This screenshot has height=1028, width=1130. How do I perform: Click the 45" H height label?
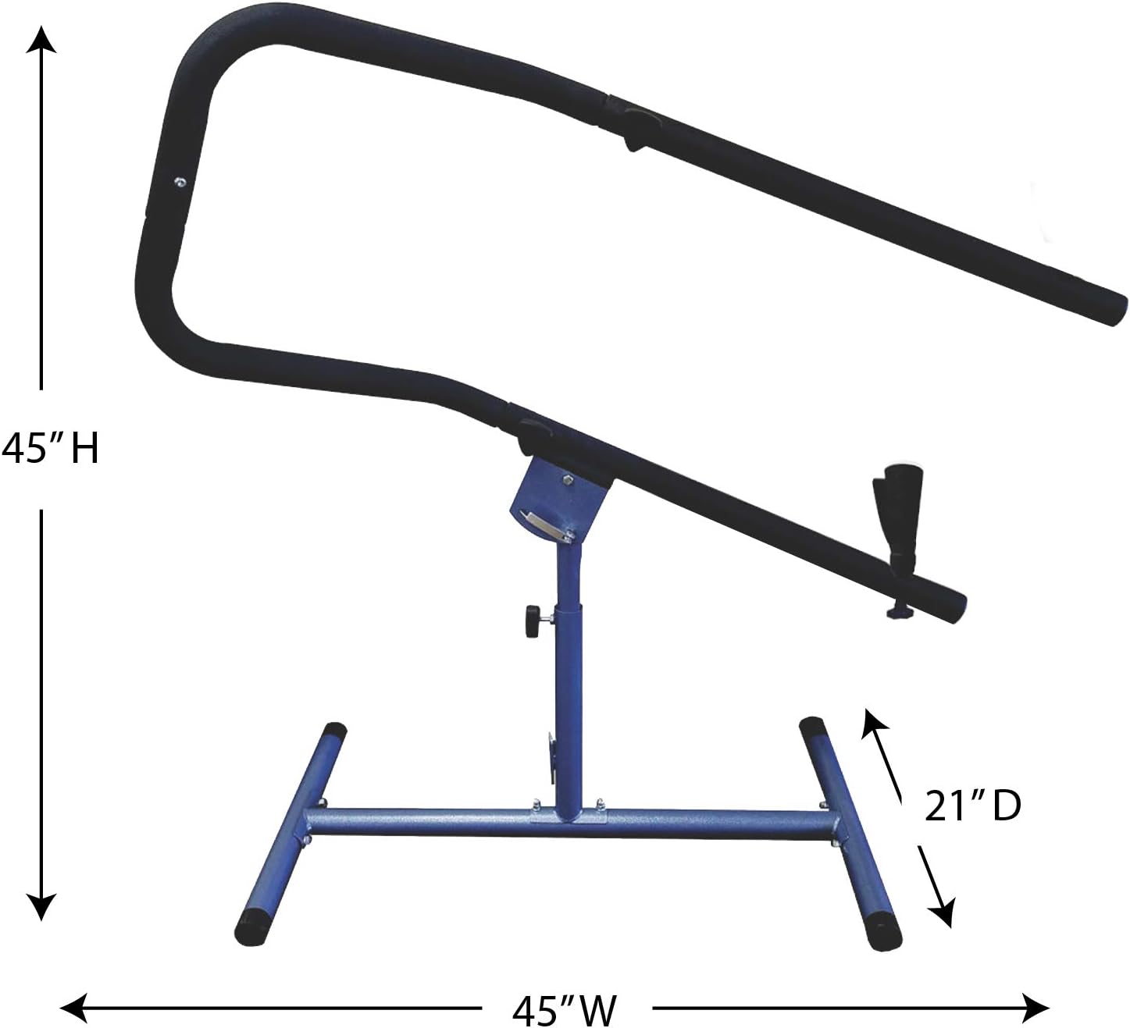coord(50,450)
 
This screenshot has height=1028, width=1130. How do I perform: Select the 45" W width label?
coord(564,1010)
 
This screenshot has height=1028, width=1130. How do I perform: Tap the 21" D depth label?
coord(972,807)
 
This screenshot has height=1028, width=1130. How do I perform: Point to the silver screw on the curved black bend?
coord(180,182)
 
